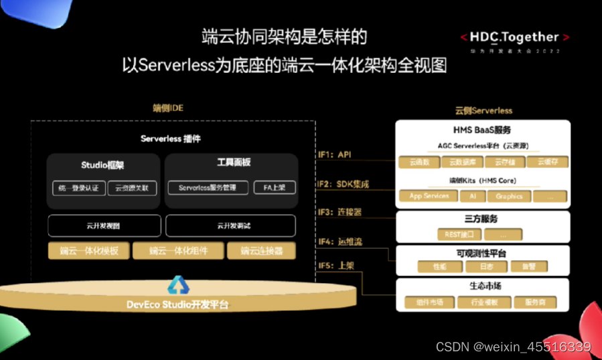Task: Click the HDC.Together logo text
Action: (x=514, y=37)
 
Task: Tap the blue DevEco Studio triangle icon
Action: (x=178, y=286)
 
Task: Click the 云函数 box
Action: (x=419, y=162)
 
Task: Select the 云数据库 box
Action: (x=462, y=162)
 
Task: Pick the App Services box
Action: (x=429, y=196)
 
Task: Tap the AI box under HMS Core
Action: (x=473, y=196)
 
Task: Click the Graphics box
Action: (x=509, y=196)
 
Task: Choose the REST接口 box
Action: (x=459, y=235)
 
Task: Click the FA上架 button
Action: (x=275, y=188)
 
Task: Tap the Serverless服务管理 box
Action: (x=208, y=188)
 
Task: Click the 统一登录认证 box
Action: (x=79, y=188)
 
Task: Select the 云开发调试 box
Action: (x=230, y=226)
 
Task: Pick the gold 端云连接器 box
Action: (x=261, y=252)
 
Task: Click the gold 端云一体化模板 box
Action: (x=88, y=252)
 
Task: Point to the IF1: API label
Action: (x=335, y=155)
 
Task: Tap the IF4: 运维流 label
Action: (x=340, y=242)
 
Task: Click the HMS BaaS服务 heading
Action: (x=482, y=130)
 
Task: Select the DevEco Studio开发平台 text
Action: (x=177, y=305)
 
